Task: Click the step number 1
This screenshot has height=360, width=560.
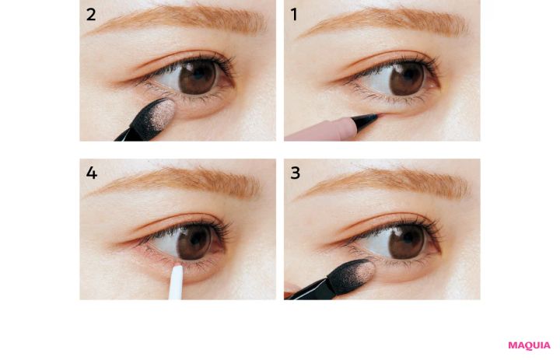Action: [294, 15]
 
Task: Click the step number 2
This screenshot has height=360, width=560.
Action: [91, 15]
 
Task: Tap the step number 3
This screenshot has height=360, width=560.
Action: [296, 173]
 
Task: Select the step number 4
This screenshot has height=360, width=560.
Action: [92, 173]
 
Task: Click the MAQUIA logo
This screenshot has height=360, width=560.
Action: [530, 345]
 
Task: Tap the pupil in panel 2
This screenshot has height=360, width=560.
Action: [198, 75]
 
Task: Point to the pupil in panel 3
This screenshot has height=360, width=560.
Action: [407, 239]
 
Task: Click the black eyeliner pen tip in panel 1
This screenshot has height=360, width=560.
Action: [366, 120]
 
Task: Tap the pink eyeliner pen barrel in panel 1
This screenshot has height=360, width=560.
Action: [321, 131]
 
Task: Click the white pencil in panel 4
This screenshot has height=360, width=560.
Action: [175, 282]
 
